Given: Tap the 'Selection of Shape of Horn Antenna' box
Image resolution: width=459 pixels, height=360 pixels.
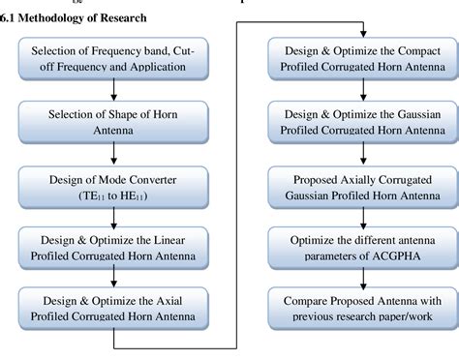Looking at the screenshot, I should tap(114, 122).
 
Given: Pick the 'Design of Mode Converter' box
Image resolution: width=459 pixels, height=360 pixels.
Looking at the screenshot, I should tap(114, 186).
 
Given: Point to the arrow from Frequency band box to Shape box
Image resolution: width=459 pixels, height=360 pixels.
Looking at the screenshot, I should tap(114, 89).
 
